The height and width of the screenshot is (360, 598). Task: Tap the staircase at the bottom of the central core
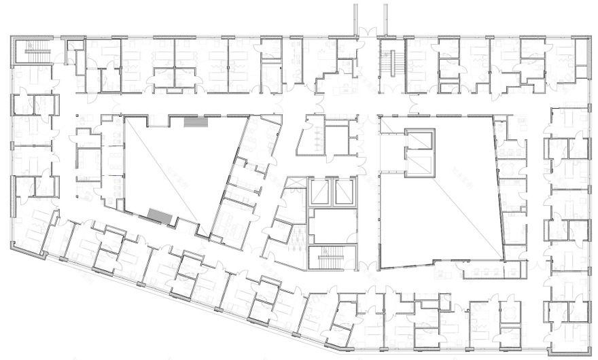tap(332, 257)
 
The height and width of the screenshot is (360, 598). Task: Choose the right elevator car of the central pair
tap(344, 192)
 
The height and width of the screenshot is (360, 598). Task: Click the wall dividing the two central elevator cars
tap(332, 192)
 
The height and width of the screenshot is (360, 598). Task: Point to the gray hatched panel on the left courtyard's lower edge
tap(160, 215)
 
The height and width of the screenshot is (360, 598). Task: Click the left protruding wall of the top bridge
tap(354, 16)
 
